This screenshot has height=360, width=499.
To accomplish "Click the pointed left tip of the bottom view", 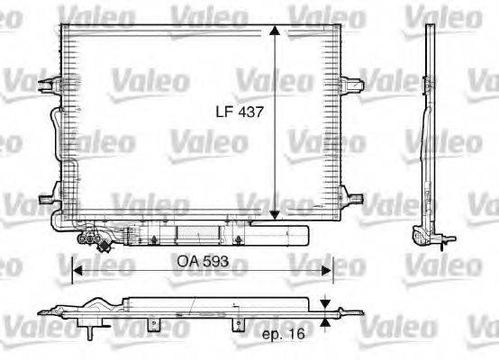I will pyautogui.click(x=41, y=314).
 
